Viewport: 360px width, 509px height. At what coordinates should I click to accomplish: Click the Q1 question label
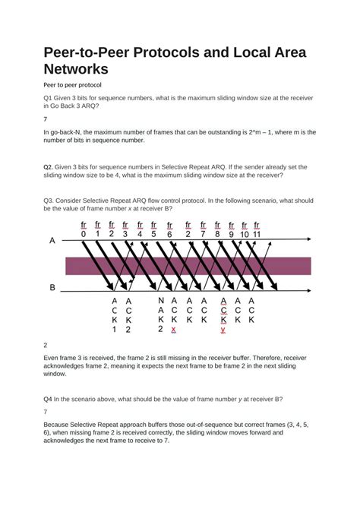coord(48,99)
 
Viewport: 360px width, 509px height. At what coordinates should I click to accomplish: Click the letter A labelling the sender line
coord(52,240)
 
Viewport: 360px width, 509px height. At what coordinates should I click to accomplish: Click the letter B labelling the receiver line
coord(52,288)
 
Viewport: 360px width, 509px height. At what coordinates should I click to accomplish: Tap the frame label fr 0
coord(84,229)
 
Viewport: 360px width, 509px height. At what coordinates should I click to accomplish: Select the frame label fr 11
coord(257,229)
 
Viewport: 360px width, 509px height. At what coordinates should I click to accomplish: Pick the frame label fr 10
coord(245,229)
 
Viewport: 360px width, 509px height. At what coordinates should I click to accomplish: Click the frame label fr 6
coord(169,229)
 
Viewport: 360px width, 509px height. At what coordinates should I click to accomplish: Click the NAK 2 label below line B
coord(161,315)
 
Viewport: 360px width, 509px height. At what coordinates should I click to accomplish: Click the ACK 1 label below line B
coord(115,315)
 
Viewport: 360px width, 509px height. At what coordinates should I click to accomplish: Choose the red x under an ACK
coord(174,330)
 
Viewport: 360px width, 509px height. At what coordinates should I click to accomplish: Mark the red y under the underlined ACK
coord(223,330)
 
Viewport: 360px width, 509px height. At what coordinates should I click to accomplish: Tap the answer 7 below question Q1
coord(46,119)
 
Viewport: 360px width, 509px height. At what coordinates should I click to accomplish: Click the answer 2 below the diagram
coord(46,344)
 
